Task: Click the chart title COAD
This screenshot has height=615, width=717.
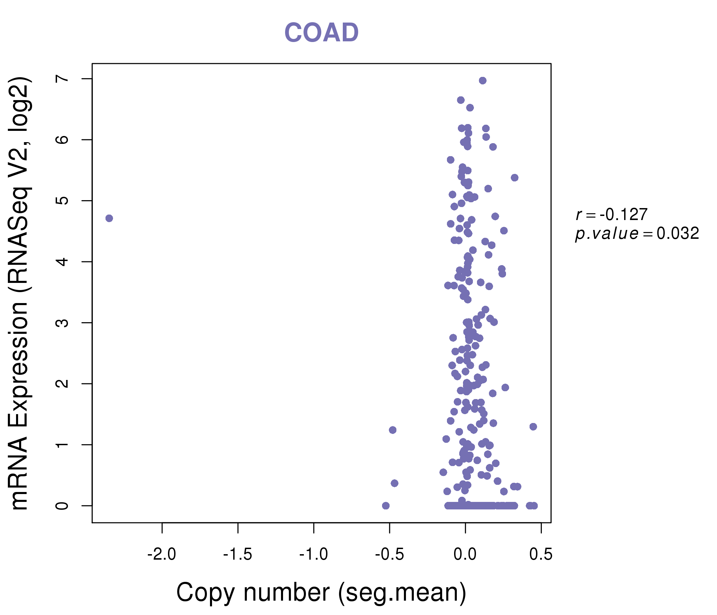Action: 321,32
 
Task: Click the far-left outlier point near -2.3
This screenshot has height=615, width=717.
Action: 109,218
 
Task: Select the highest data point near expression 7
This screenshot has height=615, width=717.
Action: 483,81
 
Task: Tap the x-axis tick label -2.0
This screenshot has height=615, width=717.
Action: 161,555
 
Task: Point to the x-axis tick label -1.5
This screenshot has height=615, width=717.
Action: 237,555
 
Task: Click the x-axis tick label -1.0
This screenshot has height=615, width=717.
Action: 313,555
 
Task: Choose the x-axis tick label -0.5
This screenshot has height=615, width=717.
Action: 389,555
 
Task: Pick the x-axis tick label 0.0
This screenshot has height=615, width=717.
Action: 465,555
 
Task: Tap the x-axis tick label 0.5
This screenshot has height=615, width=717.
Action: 541,555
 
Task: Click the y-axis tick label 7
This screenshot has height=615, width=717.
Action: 62,79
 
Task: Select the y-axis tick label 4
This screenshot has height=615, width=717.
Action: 62,262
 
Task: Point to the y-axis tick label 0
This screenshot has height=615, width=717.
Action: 62,506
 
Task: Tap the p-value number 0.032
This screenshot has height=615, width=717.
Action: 678,233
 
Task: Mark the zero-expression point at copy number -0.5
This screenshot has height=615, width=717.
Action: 386,506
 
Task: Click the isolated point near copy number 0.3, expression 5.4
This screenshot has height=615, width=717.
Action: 515,178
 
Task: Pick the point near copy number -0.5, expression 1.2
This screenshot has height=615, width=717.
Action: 392,430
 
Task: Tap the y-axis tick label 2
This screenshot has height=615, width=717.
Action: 62,384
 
